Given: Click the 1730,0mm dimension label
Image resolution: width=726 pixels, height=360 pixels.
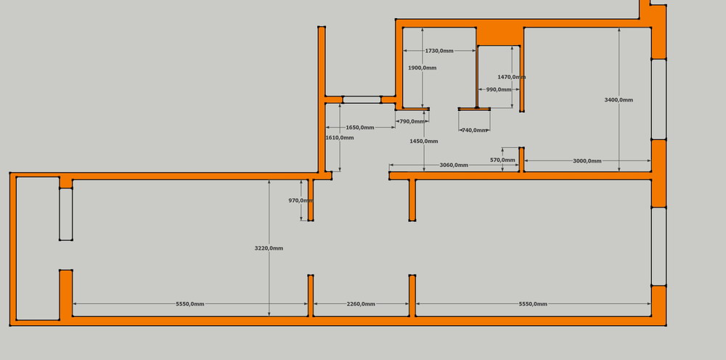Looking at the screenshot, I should pos(439,51).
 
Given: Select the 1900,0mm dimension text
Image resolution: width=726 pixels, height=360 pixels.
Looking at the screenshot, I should pos(423,68).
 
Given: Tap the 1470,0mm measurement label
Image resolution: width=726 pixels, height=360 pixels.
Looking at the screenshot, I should pos(511,77).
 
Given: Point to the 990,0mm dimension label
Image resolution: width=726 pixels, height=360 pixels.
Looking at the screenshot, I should pos(499,90).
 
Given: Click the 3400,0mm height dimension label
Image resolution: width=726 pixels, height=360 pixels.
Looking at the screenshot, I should pos(619,100).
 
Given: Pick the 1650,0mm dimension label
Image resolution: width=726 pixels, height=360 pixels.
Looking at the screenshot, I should pos(360,128).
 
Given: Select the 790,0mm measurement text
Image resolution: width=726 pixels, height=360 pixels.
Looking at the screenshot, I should pos(412,121).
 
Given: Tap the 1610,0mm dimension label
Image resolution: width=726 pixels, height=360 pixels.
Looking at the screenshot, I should pos(340,138).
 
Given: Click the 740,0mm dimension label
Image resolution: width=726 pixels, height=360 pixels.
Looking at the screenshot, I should pos(475,131).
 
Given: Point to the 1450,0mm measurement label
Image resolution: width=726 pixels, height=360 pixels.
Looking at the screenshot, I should pos(424,142).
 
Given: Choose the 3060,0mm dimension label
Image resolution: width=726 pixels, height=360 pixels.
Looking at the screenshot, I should pos(454,165).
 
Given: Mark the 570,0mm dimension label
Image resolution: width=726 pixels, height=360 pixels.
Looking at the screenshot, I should pos(502,160).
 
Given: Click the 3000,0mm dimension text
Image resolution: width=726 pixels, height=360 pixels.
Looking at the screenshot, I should pos(587,161).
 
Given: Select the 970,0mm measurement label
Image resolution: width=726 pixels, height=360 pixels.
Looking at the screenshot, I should pos(301,201).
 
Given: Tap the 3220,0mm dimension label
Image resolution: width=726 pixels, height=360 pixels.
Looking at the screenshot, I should pos(269,248).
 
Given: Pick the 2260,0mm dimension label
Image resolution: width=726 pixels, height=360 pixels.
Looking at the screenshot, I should pos(361,304).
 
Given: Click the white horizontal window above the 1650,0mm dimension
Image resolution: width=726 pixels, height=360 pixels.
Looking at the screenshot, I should pos(362,99).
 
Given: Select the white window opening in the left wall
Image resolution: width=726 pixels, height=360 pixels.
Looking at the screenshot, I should pos(66,214).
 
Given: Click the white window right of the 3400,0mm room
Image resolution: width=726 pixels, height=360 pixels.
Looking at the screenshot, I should pos(658,99).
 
